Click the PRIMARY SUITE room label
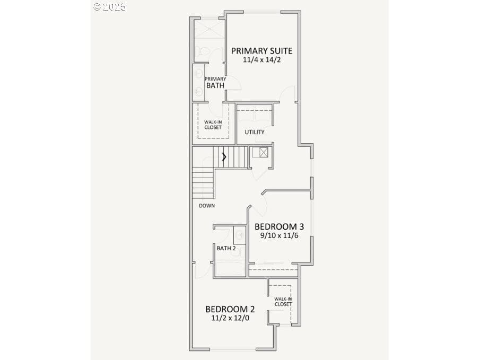(261, 51)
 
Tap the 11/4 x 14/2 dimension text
(261, 60)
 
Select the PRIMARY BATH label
(215, 83)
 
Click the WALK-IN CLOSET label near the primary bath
(213, 125)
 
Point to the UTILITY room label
(255, 132)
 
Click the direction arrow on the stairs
(224, 157)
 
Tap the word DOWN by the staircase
(207, 206)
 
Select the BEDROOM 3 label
(279, 226)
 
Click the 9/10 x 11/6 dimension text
(279, 235)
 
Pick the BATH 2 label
(226, 248)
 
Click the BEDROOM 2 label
(230, 309)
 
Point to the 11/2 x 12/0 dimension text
(230, 318)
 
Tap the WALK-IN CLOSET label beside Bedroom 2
(283, 302)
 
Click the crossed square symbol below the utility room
(264, 152)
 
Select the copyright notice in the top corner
(110, 7)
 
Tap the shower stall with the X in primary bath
(210, 29)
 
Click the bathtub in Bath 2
(231, 268)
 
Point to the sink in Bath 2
(240, 235)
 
